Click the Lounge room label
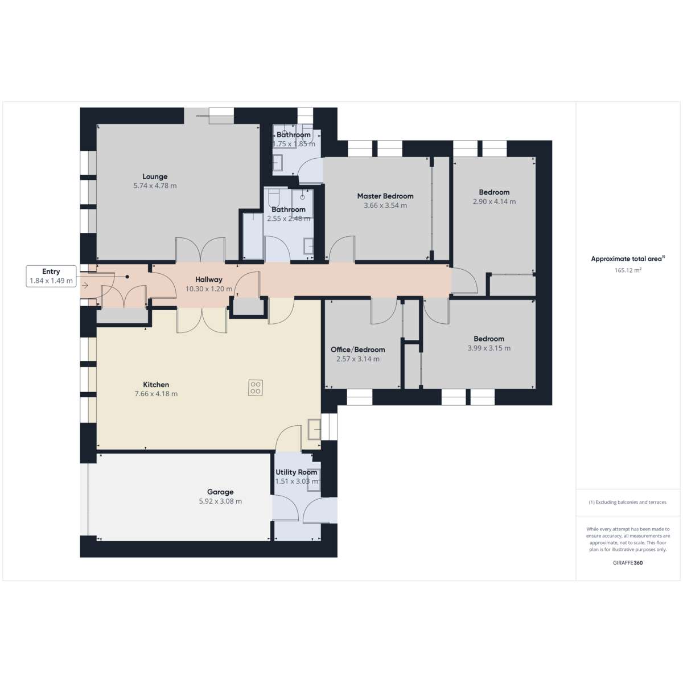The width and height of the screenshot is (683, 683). point(155,176)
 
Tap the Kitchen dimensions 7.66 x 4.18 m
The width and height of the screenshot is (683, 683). point(156,394)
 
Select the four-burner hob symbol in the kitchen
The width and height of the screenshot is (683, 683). point(255,388)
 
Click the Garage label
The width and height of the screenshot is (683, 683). point(220,492)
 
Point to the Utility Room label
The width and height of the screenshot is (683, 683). point(297,472)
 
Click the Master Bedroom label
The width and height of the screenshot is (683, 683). point(385,196)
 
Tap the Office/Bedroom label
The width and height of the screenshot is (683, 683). point(357,349)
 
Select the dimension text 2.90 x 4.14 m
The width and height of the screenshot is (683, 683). point(494,201)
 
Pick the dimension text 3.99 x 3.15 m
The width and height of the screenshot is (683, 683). point(489,348)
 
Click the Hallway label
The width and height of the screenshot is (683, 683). point(209,279)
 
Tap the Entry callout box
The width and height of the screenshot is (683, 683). point(51,276)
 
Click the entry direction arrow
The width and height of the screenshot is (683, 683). point(85,285)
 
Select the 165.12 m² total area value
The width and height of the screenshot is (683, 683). point(628,270)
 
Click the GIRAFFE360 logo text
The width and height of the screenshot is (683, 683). point(628,562)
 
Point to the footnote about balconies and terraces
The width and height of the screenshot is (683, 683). point(628,502)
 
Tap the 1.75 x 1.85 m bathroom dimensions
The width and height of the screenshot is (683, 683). point(294,144)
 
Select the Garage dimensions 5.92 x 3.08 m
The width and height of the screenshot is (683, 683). point(220,501)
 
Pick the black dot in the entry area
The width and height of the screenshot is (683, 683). point(127,277)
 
